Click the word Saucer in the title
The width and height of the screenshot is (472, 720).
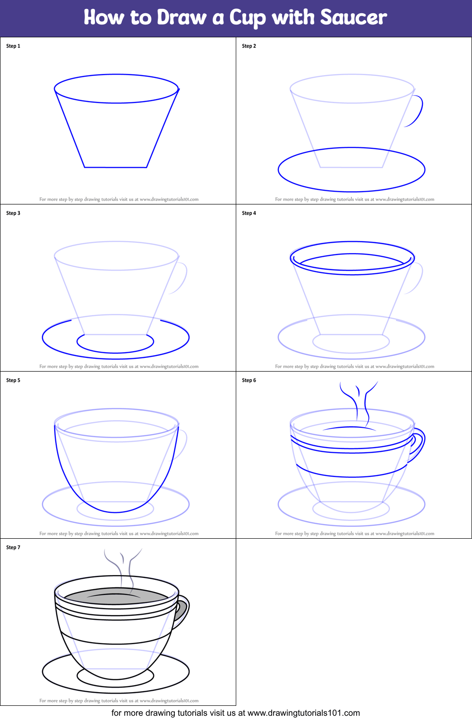point(353,18)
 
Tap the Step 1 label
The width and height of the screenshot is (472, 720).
point(13,46)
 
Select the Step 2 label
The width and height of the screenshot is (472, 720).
point(249,46)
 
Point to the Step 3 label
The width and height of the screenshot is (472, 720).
point(13,213)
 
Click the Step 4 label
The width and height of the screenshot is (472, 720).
point(249,213)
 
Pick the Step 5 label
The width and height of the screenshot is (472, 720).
point(13,381)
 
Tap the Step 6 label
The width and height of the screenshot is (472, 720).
point(249,381)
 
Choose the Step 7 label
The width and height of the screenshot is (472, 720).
point(13,548)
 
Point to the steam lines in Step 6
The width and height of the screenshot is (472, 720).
point(359,399)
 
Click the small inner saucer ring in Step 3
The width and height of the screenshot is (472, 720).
point(115,351)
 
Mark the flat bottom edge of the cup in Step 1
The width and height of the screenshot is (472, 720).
point(116,167)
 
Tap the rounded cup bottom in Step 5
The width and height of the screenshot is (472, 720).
point(115,511)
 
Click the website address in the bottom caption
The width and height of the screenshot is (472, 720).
point(303,713)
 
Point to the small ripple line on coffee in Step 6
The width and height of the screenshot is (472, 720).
point(350,428)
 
